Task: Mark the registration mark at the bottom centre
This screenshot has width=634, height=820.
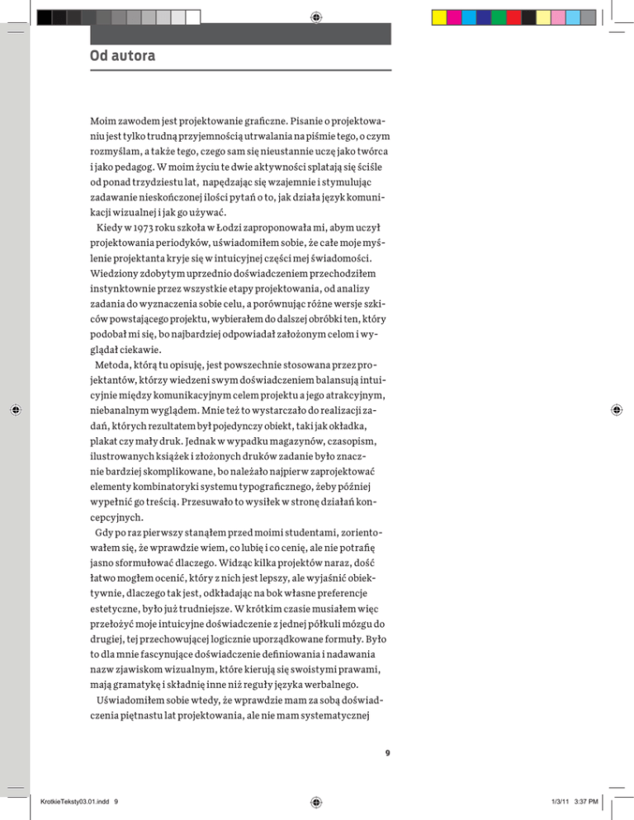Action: click(x=318, y=801)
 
